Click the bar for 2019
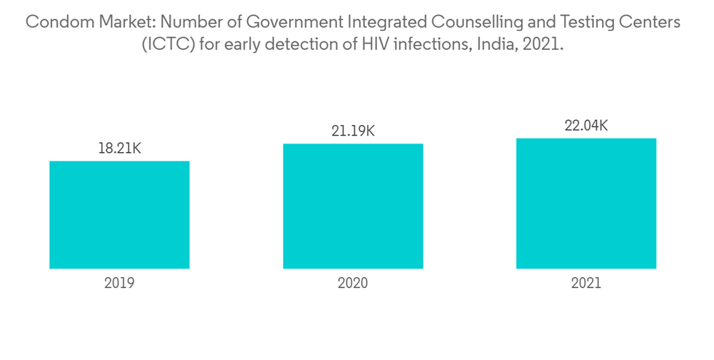[x=119, y=214]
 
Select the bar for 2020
[x=353, y=206]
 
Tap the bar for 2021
[x=586, y=203]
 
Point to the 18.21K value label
[x=119, y=149]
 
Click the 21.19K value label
[x=353, y=131]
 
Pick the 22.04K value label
[x=586, y=126]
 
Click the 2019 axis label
[x=119, y=283]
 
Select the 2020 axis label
[x=353, y=283]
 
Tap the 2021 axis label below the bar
[x=586, y=283]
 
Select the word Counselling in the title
[x=463, y=23]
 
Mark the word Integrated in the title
[x=375, y=23]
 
